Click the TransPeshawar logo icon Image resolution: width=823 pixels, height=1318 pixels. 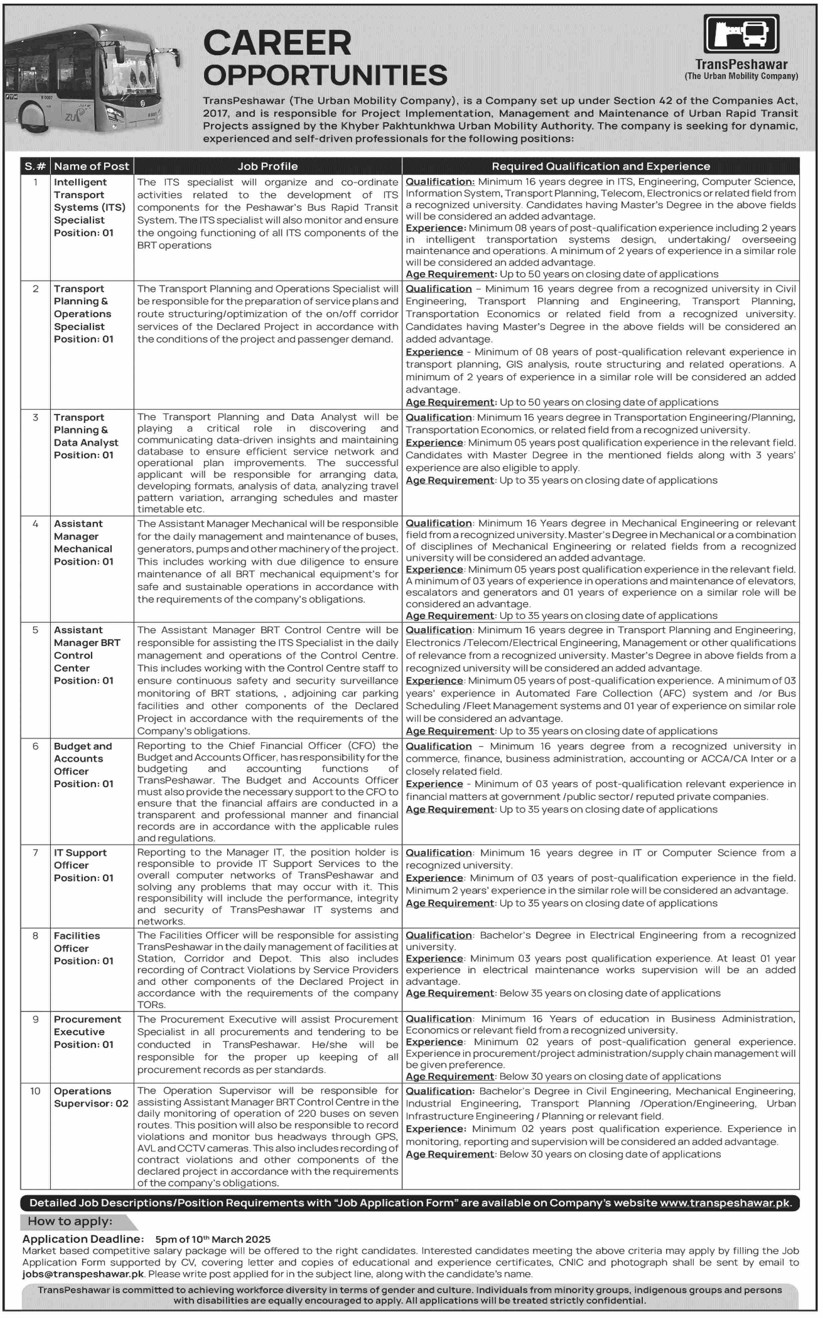coord(741,34)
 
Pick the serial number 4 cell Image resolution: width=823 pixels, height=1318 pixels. coord(35,524)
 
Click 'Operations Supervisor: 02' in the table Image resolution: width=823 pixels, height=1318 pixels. coord(91,1097)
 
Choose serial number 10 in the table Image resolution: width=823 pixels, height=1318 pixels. coord(35,1091)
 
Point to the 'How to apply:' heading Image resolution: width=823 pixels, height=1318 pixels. coord(70,1221)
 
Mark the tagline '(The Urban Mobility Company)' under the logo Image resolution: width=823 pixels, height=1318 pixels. coord(741,76)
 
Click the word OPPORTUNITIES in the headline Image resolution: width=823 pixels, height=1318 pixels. coord(325,75)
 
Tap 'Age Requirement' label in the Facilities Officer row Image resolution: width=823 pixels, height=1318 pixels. coord(450,993)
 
